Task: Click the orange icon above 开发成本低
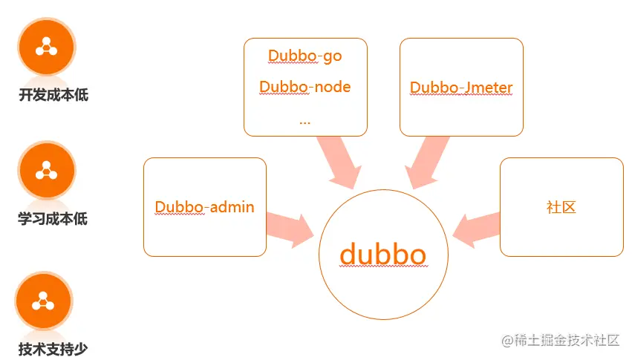coord(47,47)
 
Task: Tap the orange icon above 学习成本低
coord(47,170)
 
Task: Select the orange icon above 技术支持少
coord(43,301)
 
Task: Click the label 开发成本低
coord(53,95)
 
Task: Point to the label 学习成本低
coord(53,218)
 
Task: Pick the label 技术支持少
coord(53,349)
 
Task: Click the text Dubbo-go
coord(304,56)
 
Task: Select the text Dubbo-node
coord(304,87)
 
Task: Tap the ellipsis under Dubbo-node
coord(304,120)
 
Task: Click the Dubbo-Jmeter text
coord(461,88)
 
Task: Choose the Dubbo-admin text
coord(204,206)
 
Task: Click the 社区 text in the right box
coord(561,207)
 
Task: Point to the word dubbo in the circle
coord(382,255)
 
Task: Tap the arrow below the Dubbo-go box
coord(337,163)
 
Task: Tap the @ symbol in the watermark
coord(508,341)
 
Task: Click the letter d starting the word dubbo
coord(350,255)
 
